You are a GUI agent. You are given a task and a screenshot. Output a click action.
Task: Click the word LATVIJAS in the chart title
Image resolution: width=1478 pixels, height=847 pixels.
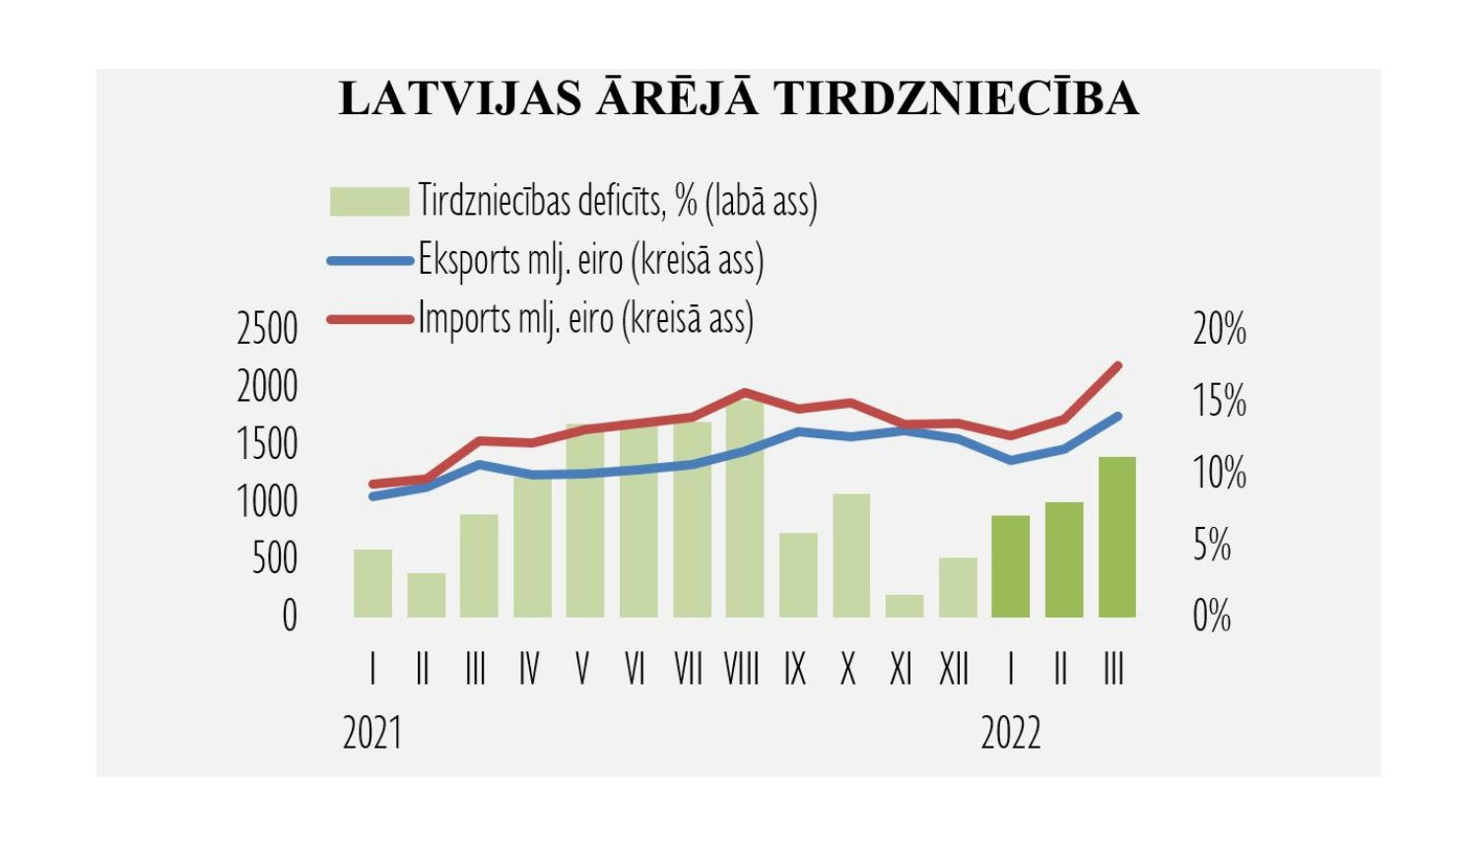click(460, 98)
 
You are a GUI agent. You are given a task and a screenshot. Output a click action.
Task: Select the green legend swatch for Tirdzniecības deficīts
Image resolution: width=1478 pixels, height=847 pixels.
click(369, 201)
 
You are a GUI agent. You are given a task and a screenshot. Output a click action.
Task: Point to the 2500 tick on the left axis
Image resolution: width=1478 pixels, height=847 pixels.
click(267, 329)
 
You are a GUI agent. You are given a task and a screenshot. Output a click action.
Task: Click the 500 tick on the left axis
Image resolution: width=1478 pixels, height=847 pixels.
click(274, 558)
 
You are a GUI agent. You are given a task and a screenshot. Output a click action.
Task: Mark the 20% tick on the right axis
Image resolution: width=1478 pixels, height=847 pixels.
click(1219, 329)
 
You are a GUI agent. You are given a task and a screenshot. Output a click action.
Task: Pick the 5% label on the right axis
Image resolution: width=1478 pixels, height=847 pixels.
click(1212, 545)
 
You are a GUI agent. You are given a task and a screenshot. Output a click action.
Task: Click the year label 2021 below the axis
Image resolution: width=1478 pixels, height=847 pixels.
click(372, 734)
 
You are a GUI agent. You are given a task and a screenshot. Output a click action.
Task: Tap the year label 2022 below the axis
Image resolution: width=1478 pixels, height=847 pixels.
click(1011, 734)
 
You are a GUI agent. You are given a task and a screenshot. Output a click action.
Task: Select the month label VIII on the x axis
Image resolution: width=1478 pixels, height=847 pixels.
click(742, 670)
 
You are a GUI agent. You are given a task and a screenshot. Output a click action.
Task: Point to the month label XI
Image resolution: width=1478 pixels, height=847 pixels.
click(901, 670)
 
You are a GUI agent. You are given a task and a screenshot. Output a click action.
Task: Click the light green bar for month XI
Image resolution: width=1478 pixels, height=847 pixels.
click(905, 607)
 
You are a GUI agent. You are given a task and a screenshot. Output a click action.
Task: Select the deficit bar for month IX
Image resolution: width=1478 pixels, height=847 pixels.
click(798, 575)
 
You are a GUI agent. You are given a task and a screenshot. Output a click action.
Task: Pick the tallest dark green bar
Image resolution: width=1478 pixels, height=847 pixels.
click(1117, 537)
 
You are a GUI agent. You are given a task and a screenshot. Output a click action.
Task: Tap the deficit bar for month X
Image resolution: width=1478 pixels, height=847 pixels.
click(851, 555)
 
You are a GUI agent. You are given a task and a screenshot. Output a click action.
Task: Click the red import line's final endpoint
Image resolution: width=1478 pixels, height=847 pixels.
click(1117, 365)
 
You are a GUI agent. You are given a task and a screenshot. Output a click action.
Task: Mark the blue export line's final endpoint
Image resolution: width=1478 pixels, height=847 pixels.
click(1117, 416)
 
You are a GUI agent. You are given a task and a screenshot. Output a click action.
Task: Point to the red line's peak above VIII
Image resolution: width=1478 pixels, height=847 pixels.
click(745, 393)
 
